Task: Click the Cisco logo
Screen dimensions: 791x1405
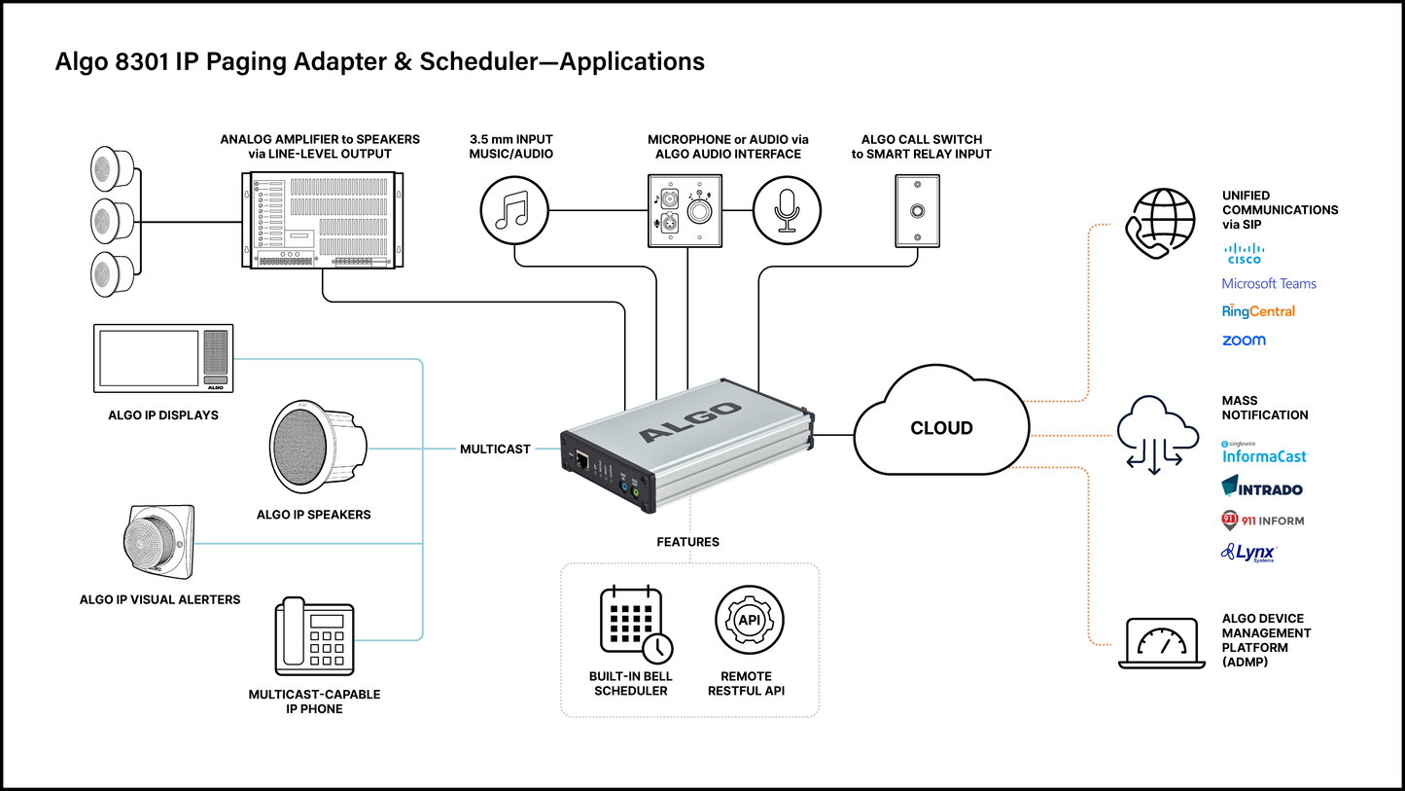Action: point(1244,255)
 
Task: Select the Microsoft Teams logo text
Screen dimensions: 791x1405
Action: point(1269,284)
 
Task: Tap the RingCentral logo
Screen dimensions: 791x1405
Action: point(1258,311)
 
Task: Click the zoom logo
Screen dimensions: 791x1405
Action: point(1244,341)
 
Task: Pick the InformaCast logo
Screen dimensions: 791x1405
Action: point(1265,453)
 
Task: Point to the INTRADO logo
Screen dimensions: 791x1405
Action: point(1262,487)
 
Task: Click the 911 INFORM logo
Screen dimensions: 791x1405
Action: point(1262,521)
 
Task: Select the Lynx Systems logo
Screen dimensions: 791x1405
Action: point(1249,553)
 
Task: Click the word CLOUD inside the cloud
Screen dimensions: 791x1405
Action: point(941,428)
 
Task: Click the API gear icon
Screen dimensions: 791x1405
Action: point(749,621)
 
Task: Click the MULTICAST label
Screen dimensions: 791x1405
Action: point(495,449)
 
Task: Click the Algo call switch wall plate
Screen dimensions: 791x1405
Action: point(918,211)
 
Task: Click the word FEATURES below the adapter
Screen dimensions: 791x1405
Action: point(688,542)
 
